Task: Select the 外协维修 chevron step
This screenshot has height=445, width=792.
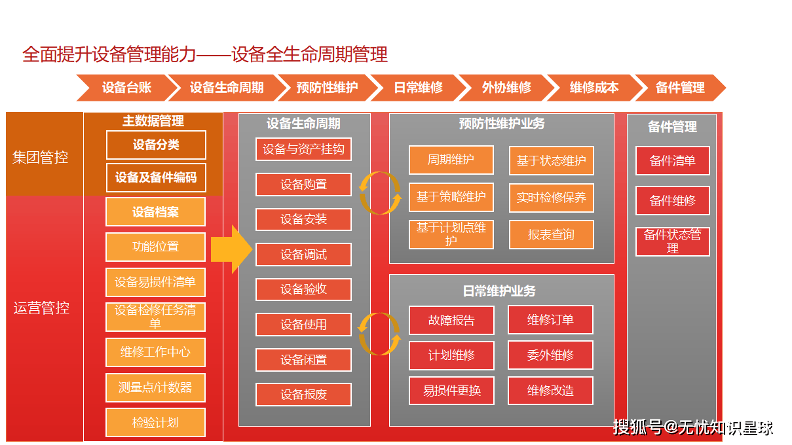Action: click(x=506, y=88)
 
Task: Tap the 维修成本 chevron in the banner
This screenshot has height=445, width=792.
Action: click(x=594, y=88)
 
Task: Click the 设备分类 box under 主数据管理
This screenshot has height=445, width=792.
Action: click(x=156, y=145)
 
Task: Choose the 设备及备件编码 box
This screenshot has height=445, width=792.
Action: click(x=156, y=177)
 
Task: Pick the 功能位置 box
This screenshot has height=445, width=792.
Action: click(x=155, y=247)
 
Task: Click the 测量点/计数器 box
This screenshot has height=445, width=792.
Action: click(x=155, y=387)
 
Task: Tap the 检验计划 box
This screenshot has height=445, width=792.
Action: click(x=155, y=422)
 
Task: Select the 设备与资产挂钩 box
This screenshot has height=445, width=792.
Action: click(x=303, y=149)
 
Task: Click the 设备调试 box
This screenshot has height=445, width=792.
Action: click(x=303, y=255)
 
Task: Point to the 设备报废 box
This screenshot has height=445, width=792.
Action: click(x=303, y=395)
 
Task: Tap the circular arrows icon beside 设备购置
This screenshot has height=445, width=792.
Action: click(x=380, y=193)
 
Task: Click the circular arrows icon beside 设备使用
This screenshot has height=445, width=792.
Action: click(x=380, y=334)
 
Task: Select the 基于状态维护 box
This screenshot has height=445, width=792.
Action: click(x=551, y=160)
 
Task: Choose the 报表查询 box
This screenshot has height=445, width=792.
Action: click(x=551, y=234)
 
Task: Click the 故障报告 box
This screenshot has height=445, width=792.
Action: click(x=451, y=320)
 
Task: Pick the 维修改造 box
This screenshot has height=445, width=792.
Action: click(x=550, y=391)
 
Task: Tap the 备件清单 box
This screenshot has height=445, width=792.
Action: click(x=672, y=160)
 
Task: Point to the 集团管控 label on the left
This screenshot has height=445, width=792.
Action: click(x=41, y=157)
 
